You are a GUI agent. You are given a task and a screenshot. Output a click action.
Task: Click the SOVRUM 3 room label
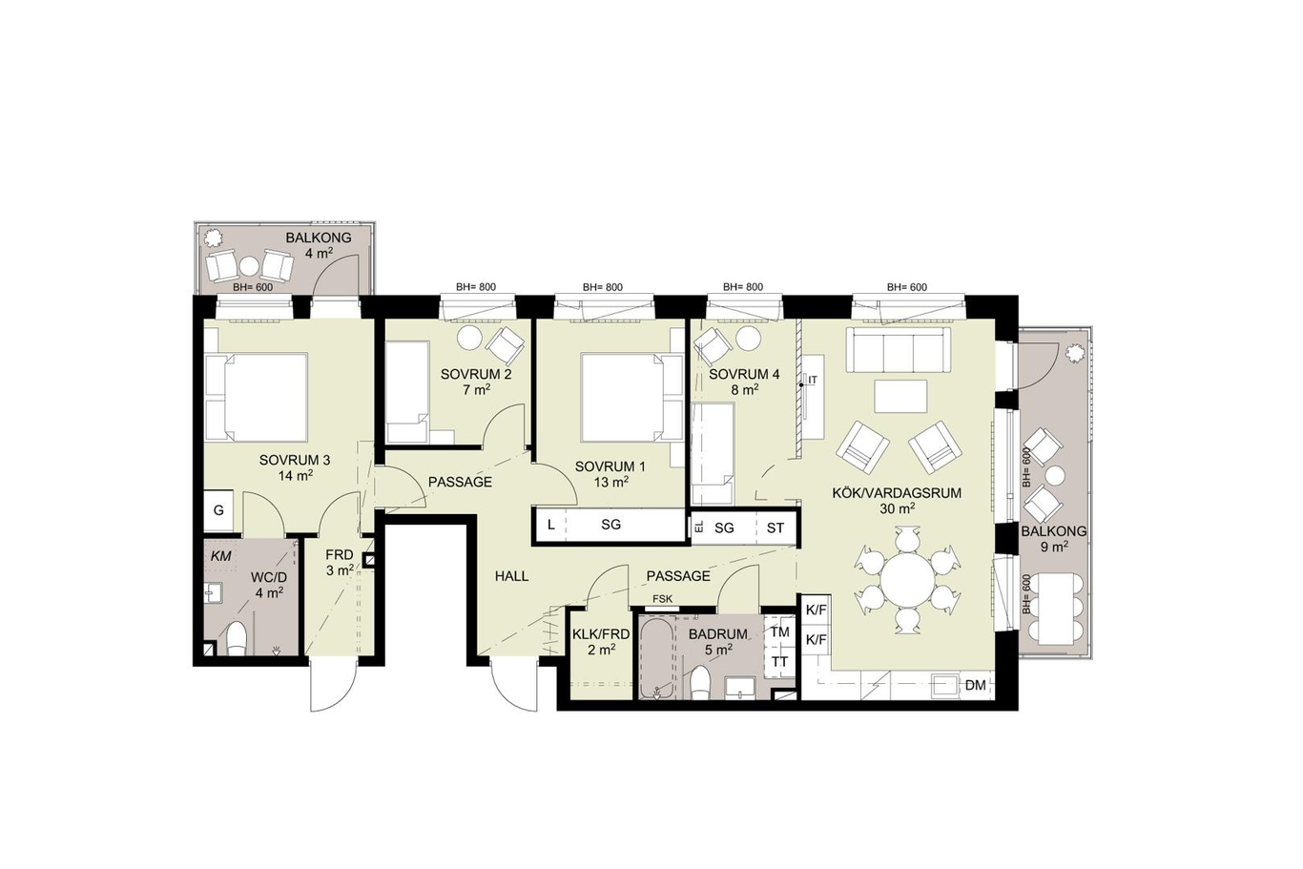click(x=295, y=460)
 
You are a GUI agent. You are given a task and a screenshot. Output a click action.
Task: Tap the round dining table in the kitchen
click(x=907, y=581)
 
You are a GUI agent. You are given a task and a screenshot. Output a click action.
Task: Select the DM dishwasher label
click(x=976, y=685)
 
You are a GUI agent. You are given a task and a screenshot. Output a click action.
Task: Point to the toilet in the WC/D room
click(x=237, y=639)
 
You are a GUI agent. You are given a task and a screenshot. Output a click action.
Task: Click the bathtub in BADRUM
click(x=658, y=657)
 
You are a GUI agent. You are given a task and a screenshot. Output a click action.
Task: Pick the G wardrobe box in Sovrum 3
click(x=218, y=510)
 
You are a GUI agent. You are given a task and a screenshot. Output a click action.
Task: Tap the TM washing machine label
click(x=779, y=631)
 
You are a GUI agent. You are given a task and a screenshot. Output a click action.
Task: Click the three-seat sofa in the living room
click(x=898, y=349)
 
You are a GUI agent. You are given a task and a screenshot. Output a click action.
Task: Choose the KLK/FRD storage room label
click(x=601, y=634)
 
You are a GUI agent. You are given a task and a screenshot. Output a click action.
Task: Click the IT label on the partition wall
click(x=813, y=380)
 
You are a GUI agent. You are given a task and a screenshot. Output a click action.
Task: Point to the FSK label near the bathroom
click(x=663, y=598)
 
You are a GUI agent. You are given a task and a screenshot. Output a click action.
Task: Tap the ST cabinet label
click(x=776, y=528)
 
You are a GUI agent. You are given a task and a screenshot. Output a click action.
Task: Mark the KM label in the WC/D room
click(x=220, y=556)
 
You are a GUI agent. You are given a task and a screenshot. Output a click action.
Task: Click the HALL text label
click(x=512, y=576)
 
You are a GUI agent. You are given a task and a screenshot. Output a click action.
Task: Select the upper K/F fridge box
click(x=816, y=610)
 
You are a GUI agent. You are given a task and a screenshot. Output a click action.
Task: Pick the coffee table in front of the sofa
click(x=901, y=396)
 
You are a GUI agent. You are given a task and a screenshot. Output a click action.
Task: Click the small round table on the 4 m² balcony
click(x=250, y=266)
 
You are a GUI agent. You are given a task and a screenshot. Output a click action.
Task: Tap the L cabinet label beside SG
click(x=551, y=526)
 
